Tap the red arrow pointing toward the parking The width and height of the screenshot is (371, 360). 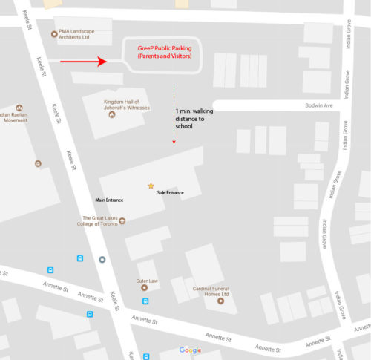click(x=84, y=62)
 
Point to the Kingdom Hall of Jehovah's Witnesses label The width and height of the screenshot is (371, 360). click(x=127, y=105)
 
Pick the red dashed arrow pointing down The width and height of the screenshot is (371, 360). click(x=174, y=115)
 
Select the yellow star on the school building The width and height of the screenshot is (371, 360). click(x=151, y=186)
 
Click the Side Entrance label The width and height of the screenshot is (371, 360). click(x=170, y=193)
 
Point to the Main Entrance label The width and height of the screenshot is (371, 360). click(x=109, y=200)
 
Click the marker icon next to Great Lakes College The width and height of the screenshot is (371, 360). click(x=122, y=220)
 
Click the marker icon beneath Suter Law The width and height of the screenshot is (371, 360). click(x=144, y=288)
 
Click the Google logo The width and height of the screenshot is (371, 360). click(x=190, y=350)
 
